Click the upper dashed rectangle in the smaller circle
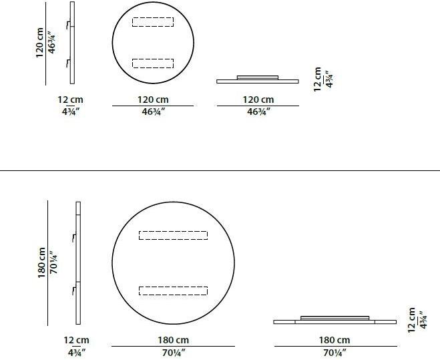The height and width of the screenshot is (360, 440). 153,21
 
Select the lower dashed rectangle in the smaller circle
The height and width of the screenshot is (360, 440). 153,63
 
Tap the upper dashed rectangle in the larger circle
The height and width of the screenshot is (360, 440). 173,235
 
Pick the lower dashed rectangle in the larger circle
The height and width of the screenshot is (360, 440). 173,291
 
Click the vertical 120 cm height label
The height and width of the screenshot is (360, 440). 40,41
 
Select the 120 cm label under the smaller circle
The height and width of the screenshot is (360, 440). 153,100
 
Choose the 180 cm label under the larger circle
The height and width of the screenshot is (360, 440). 173,340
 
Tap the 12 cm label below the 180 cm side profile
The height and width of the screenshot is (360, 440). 77,340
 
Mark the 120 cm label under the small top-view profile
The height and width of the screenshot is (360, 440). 258,100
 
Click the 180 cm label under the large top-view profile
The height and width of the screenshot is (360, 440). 335,340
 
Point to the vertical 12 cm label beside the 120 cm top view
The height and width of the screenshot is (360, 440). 318,79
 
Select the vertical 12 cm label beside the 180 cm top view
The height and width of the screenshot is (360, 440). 412,319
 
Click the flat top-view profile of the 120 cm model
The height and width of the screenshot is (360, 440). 258,80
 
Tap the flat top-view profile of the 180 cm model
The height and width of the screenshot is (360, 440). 335,320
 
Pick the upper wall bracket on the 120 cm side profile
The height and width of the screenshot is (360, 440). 68,25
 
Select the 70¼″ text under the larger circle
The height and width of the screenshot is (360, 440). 173,352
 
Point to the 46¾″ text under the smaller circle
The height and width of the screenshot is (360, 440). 153,112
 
